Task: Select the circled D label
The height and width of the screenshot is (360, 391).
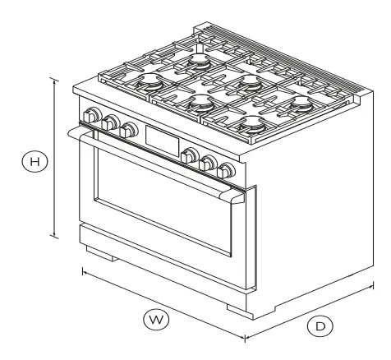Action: pyautogui.click(x=321, y=325)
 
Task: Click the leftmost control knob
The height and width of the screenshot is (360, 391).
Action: pyautogui.click(x=91, y=115)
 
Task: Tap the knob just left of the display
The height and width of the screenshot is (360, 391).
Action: pyautogui.click(x=128, y=130)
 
